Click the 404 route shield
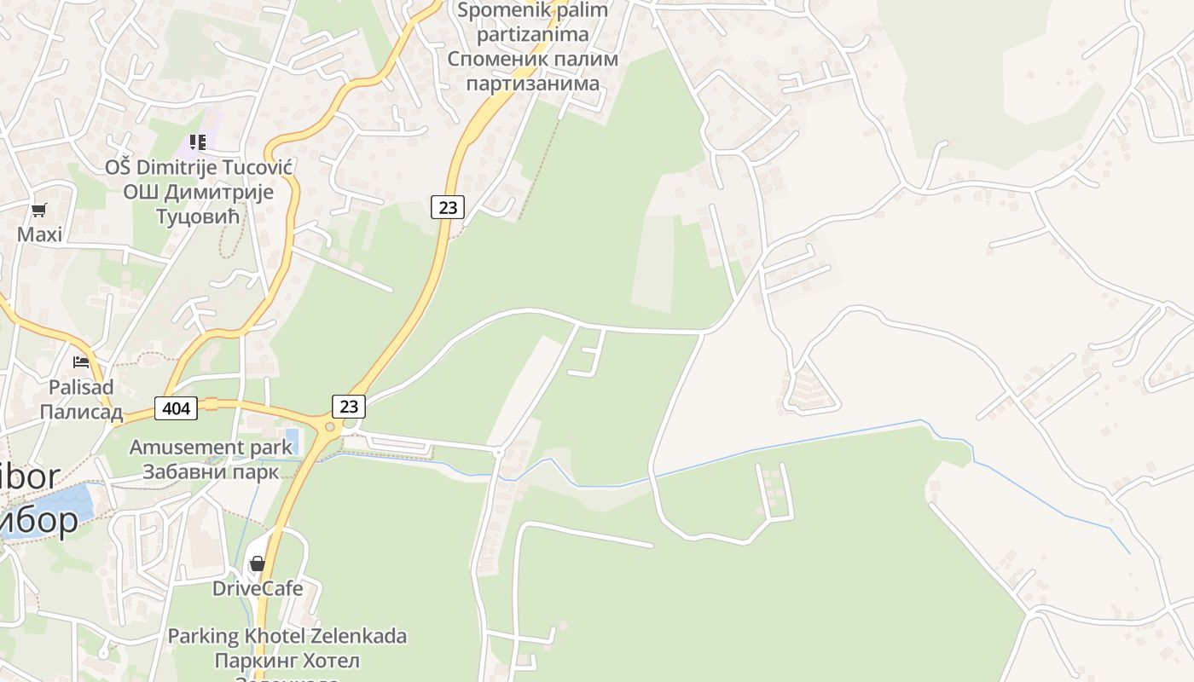pos(176,408)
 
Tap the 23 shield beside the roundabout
pos(348,406)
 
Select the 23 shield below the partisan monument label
pos(447,206)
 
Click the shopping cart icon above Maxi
pos(38,210)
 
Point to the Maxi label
pos(39,234)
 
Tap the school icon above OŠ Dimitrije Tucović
pos(198,142)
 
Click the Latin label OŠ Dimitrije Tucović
pos(199,167)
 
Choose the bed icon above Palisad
pos(81,362)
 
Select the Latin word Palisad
pos(81,387)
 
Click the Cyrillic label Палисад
pos(81,411)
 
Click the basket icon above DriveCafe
pos(257,564)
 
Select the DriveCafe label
pos(258,588)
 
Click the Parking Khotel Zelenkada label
pos(287,636)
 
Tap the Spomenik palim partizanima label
pos(533,23)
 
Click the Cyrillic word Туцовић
pos(198,216)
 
